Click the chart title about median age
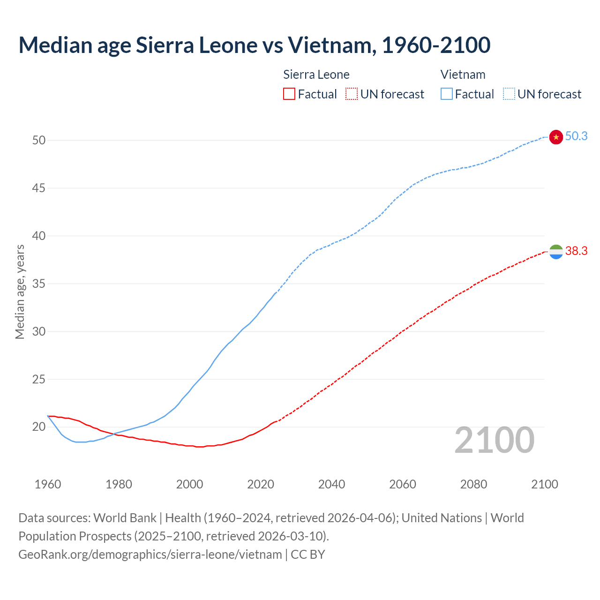pyautogui.click(x=255, y=45)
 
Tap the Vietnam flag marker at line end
pyautogui.click(x=556, y=137)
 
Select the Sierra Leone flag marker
pyautogui.click(x=556, y=252)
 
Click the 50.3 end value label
pyautogui.click(x=576, y=136)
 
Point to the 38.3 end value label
pyautogui.click(x=576, y=251)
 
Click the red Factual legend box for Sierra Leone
pyautogui.click(x=289, y=94)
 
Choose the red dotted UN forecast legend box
pyautogui.click(x=352, y=94)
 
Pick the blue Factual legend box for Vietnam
pyautogui.click(x=447, y=94)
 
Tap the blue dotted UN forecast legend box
pyautogui.click(x=509, y=94)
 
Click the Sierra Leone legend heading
pyautogui.click(x=316, y=75)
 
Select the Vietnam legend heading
pyautogui.click(x=463, y=75)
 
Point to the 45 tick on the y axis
pyautogui.click(x=39, y=188)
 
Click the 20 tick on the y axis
pyautogui.click(x=39, y=427)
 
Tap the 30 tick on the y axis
pyautogui.click(x=39, y=331)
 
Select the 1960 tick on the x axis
pyautogui.click(x=48, y=484)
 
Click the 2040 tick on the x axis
pyautogui.click(x=331, y=484)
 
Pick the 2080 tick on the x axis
pyautogui.click(x=473, y=484)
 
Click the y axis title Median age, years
pyautogui.click(x=20, y=292)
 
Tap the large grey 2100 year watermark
pyautogui.click(x=494, y=440)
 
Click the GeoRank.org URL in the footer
pyautogui.click(x=150, y=555)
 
